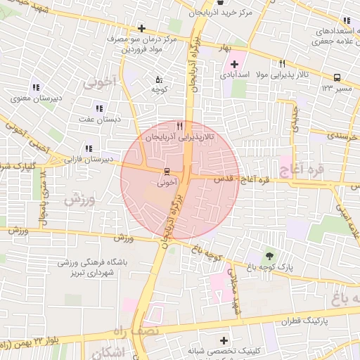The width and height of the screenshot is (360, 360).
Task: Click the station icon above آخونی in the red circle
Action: (167, 171)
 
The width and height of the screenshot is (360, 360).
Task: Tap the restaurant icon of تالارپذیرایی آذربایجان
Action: (180, 127)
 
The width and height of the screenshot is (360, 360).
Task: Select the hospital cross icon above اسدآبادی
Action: (234, 65)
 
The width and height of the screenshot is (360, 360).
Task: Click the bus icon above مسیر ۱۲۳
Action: (337, 78)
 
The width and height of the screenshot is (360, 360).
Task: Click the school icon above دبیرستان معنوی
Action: (35, 88)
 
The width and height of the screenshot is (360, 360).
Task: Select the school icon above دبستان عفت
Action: (98, 108)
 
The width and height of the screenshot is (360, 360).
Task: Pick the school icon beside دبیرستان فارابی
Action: (88, 148)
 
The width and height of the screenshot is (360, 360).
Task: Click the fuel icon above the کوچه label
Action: (158, 79)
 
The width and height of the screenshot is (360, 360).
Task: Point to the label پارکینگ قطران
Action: (305, 321)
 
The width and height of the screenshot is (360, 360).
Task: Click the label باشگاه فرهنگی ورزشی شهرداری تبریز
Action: (86, 266)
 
